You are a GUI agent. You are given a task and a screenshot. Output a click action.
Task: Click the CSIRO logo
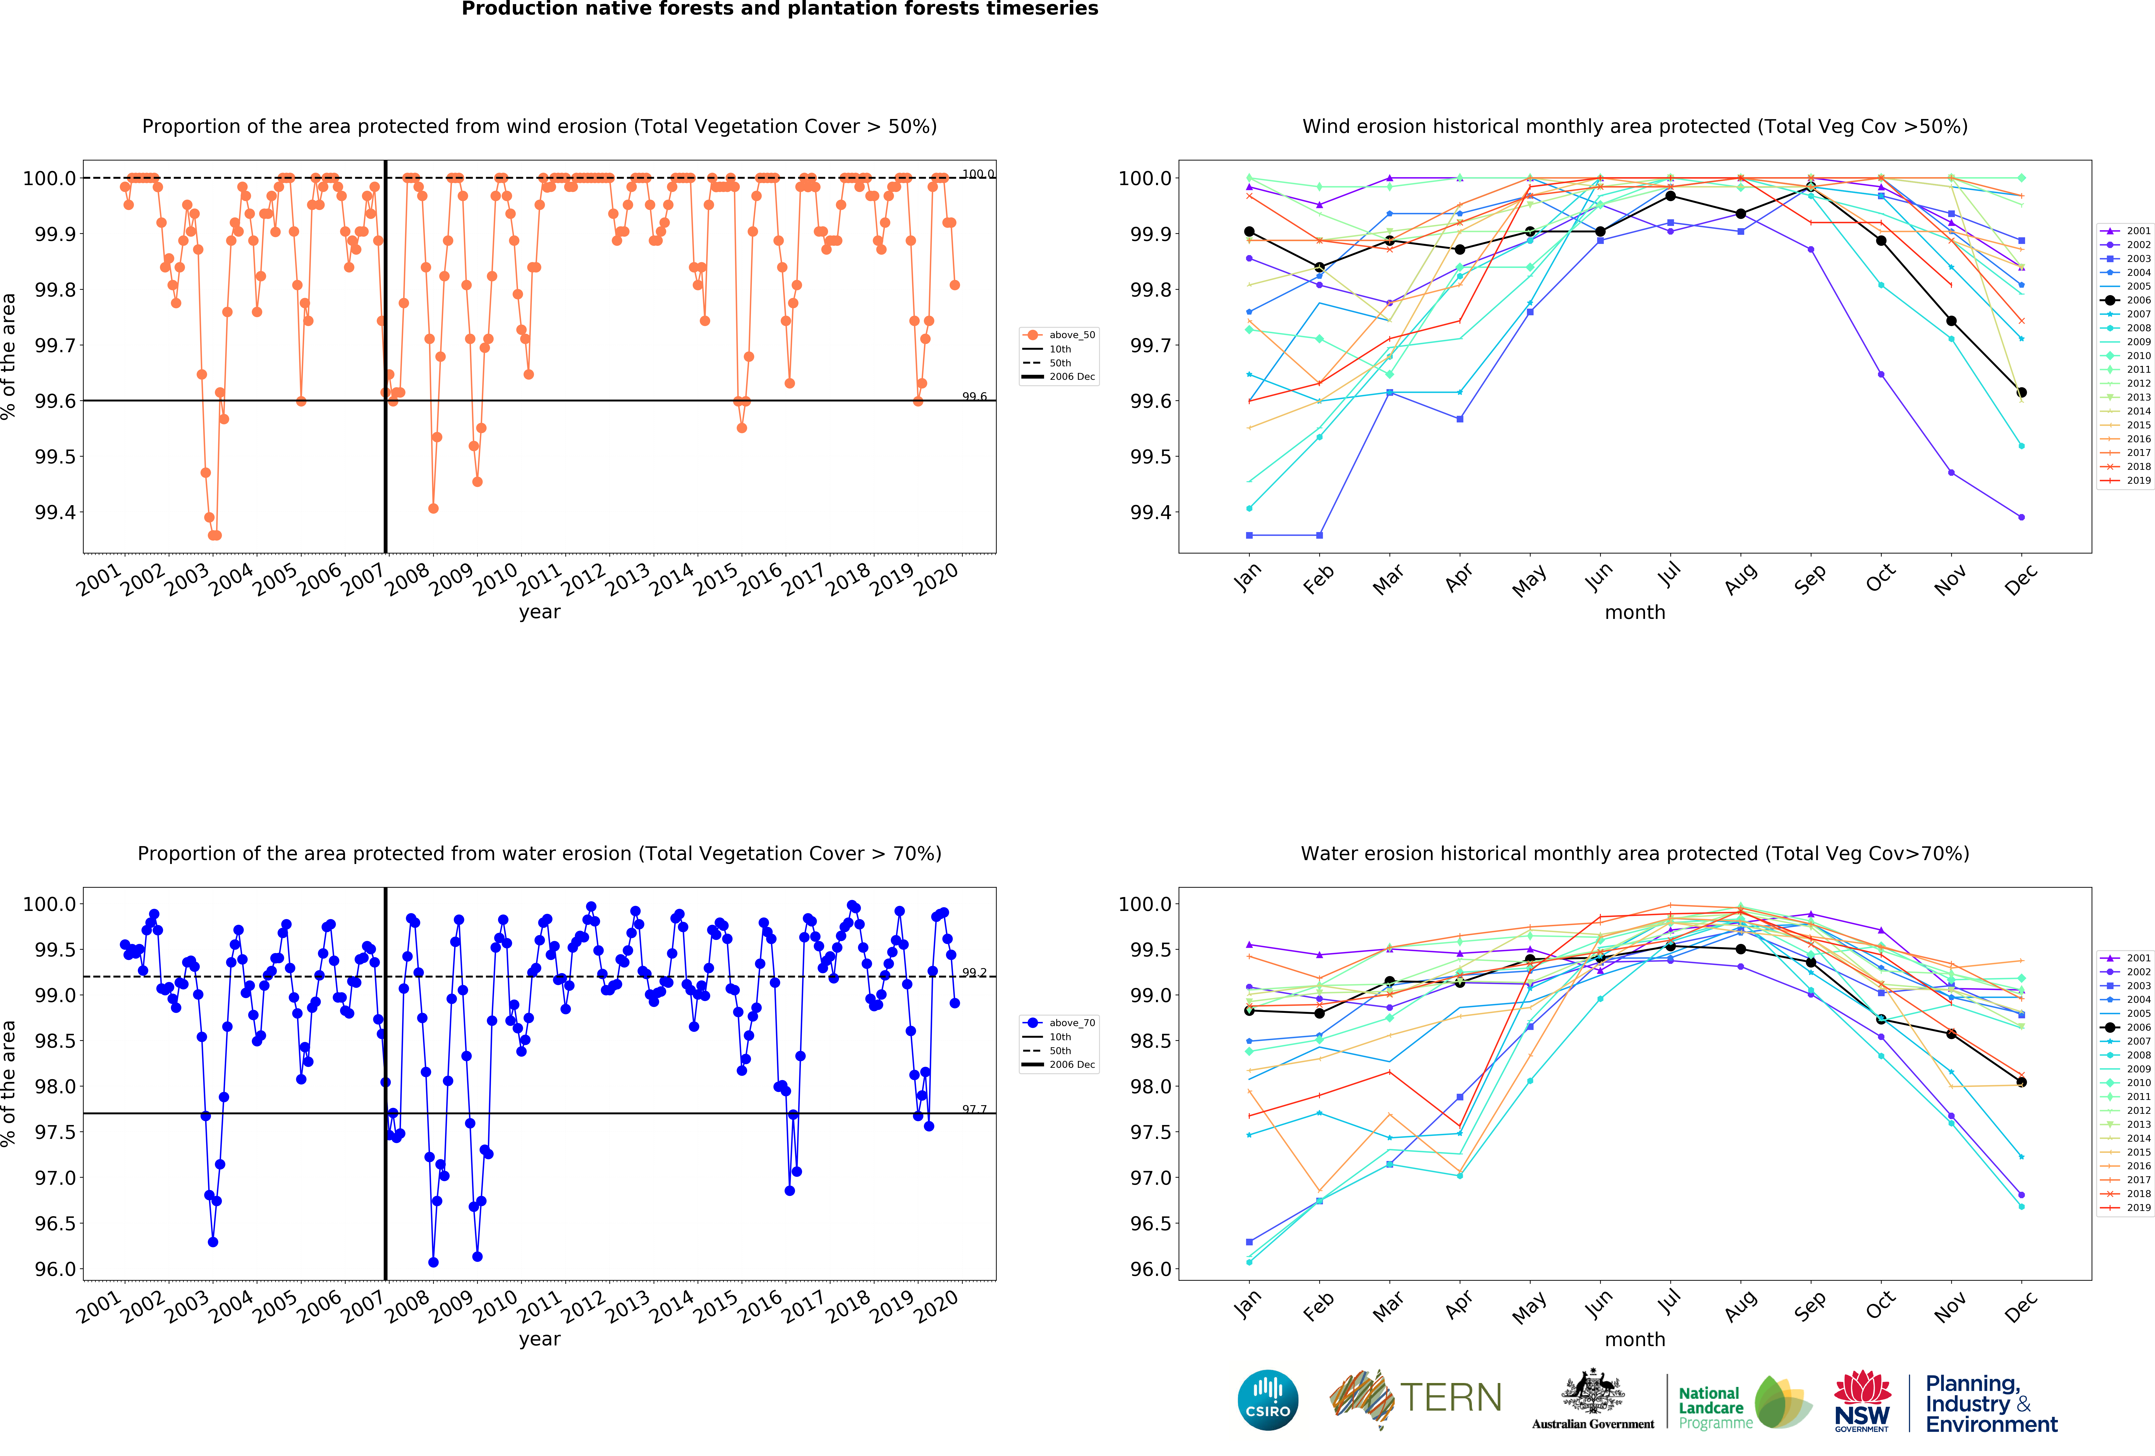tap(1268, 1399)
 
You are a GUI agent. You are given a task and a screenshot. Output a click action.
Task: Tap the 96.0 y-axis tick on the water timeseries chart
tap(54, 1269)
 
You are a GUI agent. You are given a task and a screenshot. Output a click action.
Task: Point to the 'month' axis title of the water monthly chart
tap(1635, 1339)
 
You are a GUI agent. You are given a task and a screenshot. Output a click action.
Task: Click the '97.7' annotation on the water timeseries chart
tap(974, 1109)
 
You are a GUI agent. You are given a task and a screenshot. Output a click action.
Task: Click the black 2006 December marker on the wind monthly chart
tap(2021, 392)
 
